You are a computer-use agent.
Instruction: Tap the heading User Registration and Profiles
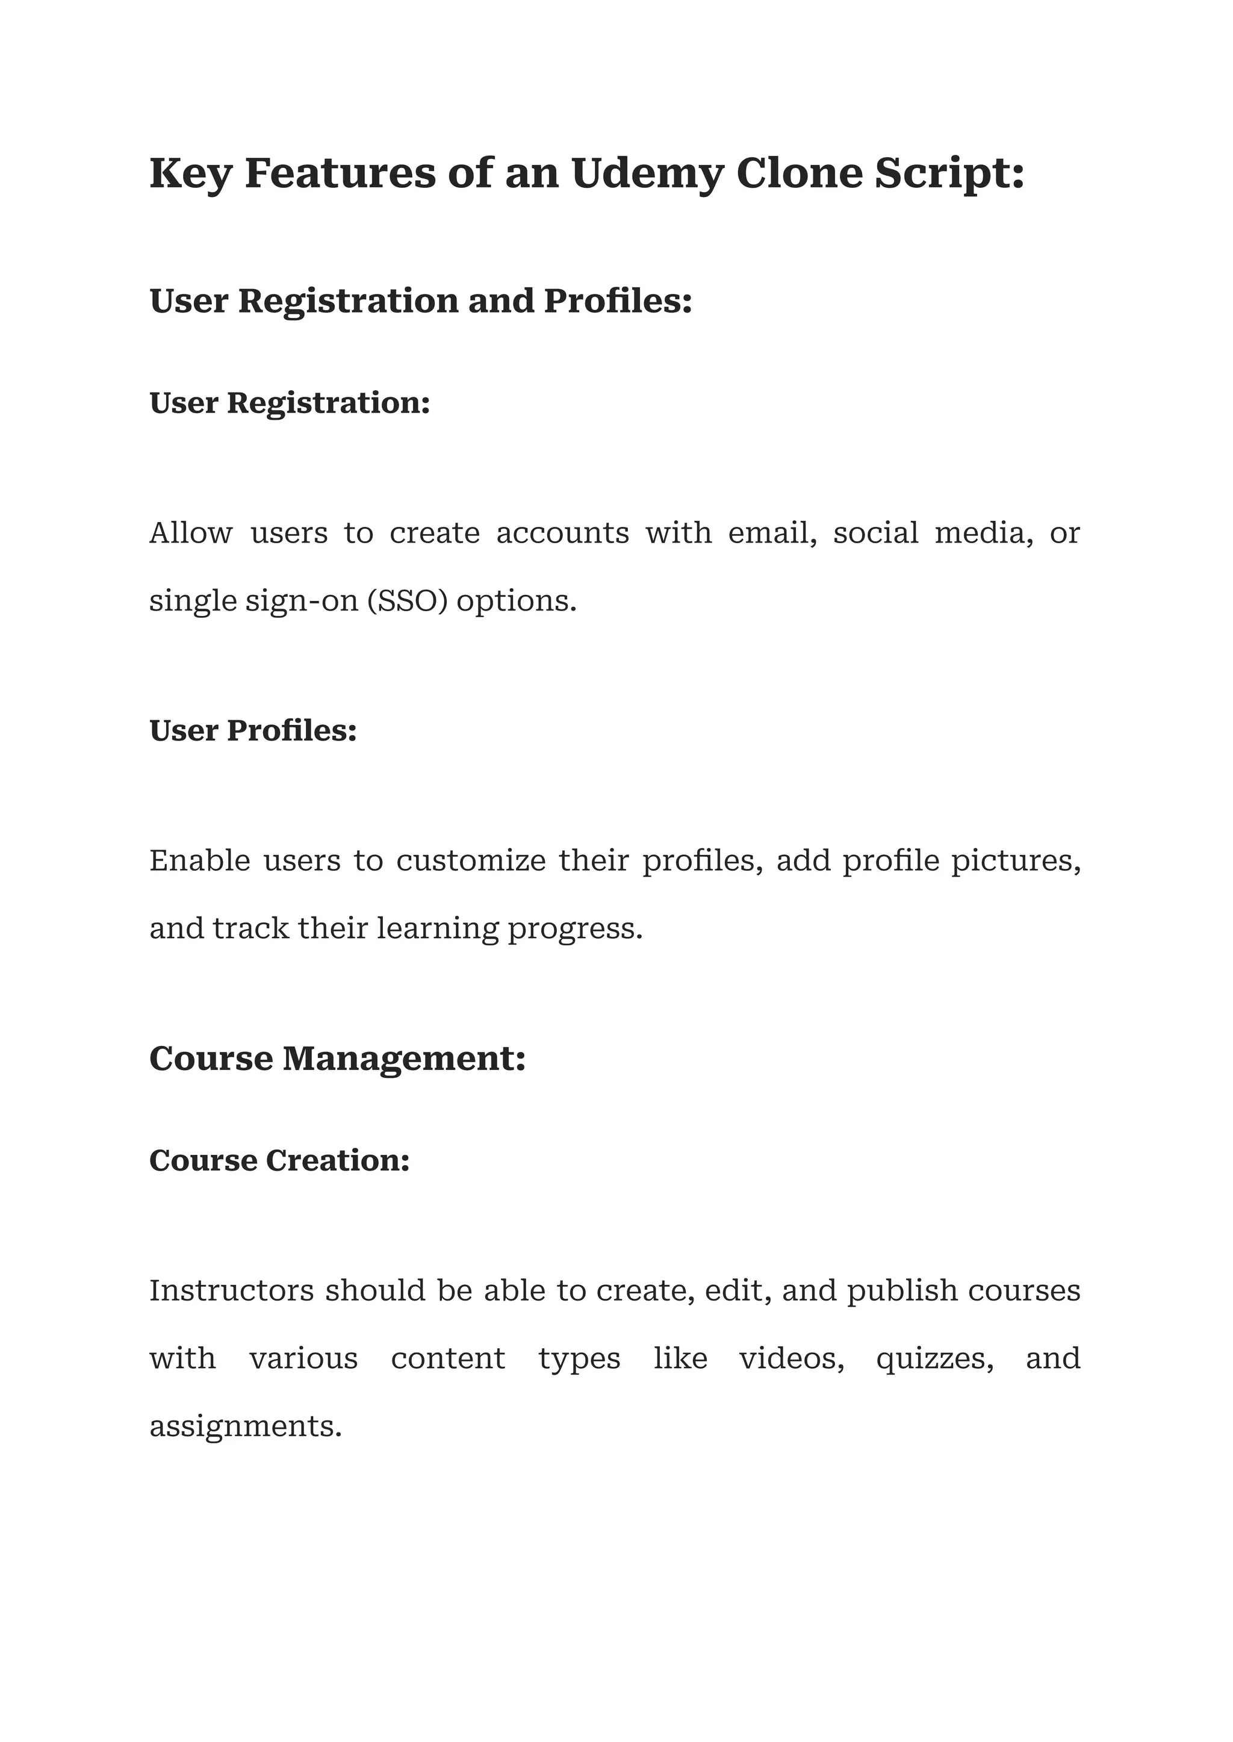(x=421, y=300)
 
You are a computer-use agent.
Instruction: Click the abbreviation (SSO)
(x=407, y=601)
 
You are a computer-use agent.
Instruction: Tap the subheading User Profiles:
(x=253, y=730)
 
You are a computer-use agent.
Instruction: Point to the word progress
(x=575, y=928)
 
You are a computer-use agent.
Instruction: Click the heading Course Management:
(x=337, y=1059)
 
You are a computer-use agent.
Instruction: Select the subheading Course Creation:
(x=279, y=1160)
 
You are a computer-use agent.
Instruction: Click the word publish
(x=902, y=1290)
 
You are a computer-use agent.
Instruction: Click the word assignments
(x=245, y=1426)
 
